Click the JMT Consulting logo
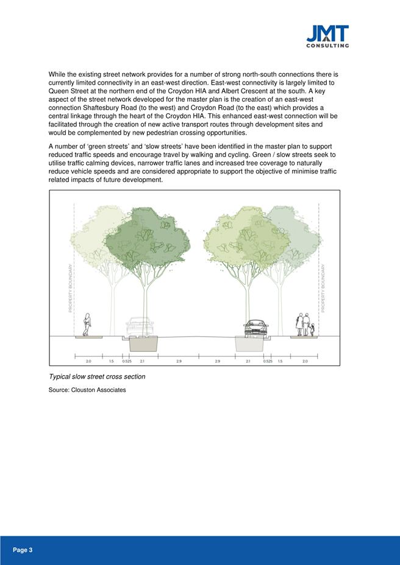(327, 36)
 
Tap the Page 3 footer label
(23, 550)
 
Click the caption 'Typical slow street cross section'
(96, 376)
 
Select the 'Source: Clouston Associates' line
(87, 390)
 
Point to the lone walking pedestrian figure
(87, 324)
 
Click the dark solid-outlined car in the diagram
(255, 328)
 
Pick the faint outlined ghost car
(140, 328)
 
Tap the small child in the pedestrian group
(312, 329)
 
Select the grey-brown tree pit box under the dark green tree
(145, 343)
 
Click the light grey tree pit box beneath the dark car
(250, 343)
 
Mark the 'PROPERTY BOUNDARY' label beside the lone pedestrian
(71, 289)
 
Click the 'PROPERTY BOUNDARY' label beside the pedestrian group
(323, 289)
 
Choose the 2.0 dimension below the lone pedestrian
(88, 361)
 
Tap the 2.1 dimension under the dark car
(248, 361)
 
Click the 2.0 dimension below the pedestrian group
(305, 361)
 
